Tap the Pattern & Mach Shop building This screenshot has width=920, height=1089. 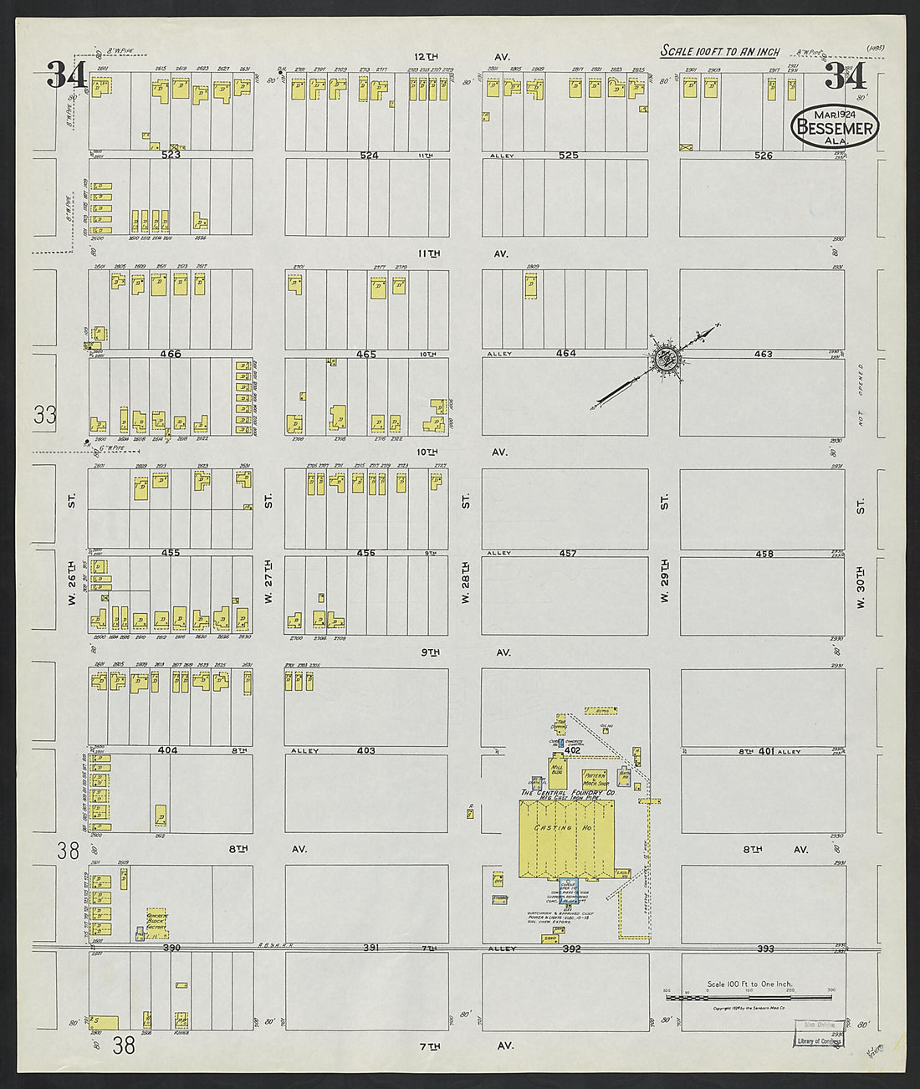(594, 780)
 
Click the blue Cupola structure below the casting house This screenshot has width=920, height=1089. (569, 889)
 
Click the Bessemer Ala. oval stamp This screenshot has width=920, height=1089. (834, 128)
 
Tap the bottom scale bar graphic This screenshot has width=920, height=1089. (749, 998)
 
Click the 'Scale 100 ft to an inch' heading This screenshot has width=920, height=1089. (719, 52)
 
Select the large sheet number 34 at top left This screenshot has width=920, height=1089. (66, 75)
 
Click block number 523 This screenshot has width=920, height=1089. (171, 155)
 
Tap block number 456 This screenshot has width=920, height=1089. (365, 553)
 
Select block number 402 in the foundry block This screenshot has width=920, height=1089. (572, 751)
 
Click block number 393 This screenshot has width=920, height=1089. (764, 948)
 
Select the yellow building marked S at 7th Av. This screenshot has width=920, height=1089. (104, 1022)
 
